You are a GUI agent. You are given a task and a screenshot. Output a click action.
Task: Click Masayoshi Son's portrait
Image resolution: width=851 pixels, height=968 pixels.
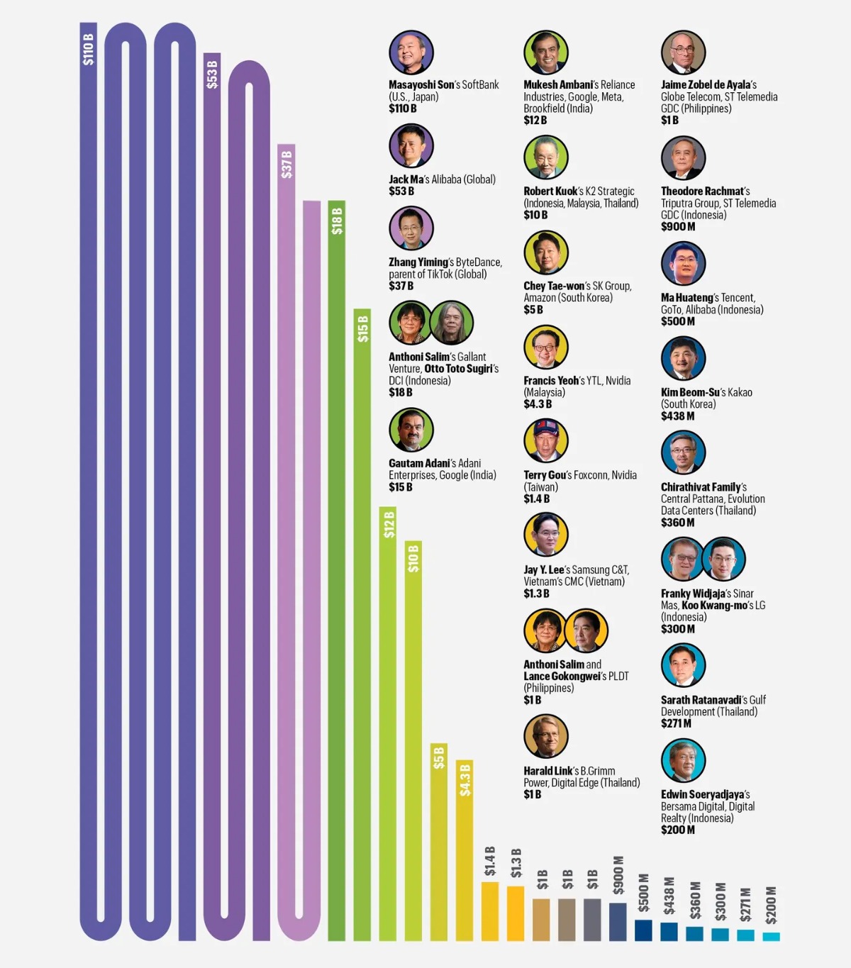pos(411,52)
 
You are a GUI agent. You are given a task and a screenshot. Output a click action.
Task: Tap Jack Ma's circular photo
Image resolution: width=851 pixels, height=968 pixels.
pos(411,146)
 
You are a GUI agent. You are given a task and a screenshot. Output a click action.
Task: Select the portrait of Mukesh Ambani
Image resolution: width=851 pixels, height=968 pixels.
pos(546,52)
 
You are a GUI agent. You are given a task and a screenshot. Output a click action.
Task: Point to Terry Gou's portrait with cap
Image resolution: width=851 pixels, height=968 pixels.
pos(546,440)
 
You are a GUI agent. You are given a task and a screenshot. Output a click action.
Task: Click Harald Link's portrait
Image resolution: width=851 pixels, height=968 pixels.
pos(546,736)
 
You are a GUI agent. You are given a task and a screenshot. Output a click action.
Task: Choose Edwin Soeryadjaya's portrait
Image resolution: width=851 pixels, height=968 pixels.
pos(683,760)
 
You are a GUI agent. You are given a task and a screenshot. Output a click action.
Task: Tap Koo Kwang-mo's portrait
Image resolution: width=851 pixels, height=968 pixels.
pos(723,559)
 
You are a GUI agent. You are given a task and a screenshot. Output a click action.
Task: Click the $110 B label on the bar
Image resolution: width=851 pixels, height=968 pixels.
pos(88,49)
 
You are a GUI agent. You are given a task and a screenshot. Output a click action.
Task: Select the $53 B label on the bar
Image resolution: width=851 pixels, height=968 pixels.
pos(212,74)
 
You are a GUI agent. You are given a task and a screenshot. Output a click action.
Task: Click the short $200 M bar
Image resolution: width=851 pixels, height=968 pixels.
pos(771,936)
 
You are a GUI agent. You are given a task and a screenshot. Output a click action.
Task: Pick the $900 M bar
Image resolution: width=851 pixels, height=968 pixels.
pos(618,921)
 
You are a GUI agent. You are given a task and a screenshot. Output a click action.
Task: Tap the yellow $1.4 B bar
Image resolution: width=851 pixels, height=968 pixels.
pos(490,911)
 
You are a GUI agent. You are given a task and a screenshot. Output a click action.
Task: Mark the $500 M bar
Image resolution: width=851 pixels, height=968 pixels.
pos(643,930)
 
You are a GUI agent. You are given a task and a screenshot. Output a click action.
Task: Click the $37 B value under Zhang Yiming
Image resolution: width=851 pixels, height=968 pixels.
pos(401,286)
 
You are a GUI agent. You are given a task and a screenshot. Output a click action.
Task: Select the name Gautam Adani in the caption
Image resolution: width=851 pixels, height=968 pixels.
pos(418,463)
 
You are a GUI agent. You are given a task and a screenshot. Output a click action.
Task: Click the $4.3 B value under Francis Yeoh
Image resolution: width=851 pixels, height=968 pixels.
pos(538,404)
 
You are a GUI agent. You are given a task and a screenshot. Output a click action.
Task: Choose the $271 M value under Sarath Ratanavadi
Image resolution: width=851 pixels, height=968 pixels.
pos(676,723)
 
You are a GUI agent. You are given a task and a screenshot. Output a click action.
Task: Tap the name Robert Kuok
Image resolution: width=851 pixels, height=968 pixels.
pos(550,191)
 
